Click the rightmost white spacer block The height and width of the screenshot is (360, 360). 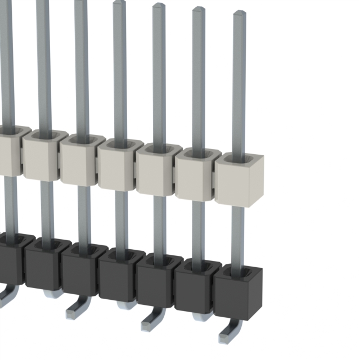239,183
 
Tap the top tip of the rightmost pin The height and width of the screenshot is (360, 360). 239,13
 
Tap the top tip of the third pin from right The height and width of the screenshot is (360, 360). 159,6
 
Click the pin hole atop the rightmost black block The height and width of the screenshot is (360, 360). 239,272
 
